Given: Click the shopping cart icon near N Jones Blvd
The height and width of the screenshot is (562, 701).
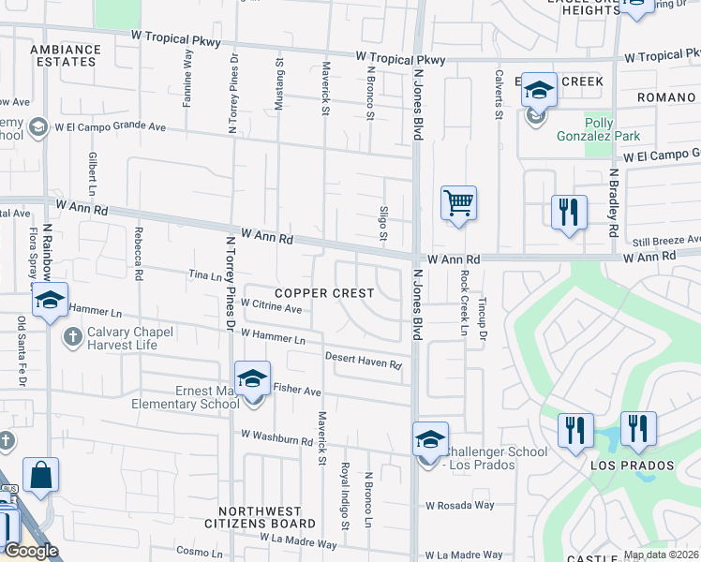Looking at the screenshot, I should click(x=458, y=202).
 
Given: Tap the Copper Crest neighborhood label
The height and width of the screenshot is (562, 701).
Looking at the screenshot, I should click(x=324, y=293).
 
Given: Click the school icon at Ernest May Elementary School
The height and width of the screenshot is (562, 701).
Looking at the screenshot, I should click(x=252, y=379).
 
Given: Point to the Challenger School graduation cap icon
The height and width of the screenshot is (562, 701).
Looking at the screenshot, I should click(x=430, y=439).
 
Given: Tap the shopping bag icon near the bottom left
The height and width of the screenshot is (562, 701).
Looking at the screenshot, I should click(x=41, y=475).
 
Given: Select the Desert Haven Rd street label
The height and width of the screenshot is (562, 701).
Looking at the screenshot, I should click(x=364, y=360).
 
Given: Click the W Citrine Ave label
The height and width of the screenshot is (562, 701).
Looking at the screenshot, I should click(x=271, y=306).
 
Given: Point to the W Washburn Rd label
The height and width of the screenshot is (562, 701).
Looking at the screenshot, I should click(x=276, y=437).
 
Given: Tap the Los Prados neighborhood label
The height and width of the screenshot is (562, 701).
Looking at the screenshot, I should click(x=632, y=466).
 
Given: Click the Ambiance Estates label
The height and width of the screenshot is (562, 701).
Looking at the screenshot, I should click(x=65, y=55).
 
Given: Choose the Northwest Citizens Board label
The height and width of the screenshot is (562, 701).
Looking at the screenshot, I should click(x=266, y=518).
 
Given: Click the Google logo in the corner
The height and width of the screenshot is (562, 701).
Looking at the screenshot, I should click(x=31, y=551).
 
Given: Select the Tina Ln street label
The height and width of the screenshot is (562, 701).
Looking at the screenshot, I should click(x=203, y=275).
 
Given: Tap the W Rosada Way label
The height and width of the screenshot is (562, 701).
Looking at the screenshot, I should click(x=459, y=506).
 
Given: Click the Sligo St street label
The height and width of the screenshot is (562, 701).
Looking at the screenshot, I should click(x=383, y=222).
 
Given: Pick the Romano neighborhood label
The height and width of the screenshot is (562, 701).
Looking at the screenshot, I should click(x=666, y=97).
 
